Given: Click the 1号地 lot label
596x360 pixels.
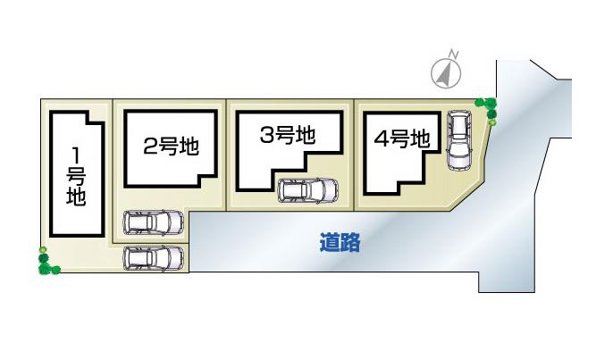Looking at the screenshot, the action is coord(77,175).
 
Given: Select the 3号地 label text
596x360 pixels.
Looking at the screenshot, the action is coord(288,136).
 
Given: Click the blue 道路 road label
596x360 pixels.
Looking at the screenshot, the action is coord(340,242).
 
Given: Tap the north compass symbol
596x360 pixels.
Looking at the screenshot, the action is coord(446,72).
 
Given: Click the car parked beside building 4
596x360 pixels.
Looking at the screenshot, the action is coord(458,139).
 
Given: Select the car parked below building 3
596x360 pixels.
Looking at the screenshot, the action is coord(308,190).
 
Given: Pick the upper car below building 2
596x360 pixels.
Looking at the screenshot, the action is coord(153,222).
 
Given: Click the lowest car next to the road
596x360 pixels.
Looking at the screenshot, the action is coord(153,258).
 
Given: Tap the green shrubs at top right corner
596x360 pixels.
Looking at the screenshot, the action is coord(488,108).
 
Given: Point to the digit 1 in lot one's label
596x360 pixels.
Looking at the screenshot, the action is coord(77,152).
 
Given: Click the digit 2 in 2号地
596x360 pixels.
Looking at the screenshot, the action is coord(150,147).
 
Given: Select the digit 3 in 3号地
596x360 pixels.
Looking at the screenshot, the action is coord(268,136).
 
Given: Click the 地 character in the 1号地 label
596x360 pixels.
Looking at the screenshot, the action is coord(77,197).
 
